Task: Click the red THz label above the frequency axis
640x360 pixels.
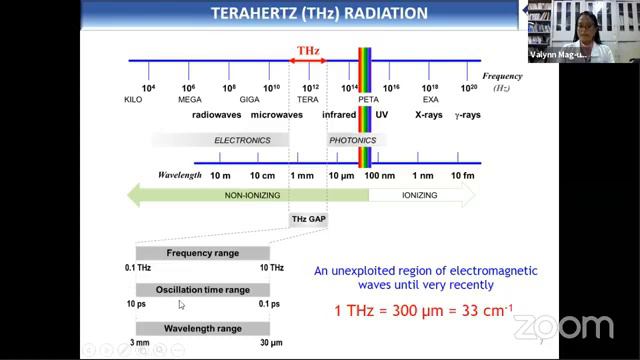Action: (x=308, y=49)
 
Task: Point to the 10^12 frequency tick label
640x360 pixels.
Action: (x=310, y=89)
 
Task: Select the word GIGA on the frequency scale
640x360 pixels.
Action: (x=230, y=100)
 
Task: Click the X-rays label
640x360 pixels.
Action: (x=430, y=115)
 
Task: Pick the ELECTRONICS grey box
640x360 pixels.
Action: (x=242, y=141)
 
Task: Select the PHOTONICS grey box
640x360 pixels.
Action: (x=352, y=141)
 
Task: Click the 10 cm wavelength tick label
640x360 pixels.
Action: (x=263, y=175)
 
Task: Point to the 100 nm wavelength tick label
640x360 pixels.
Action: (x=379, y=175)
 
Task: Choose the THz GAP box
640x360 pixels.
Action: (x=308, y=218)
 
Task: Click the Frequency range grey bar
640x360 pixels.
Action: (x=202, y=253)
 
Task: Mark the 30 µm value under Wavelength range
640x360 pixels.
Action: (x=270, y=343)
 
